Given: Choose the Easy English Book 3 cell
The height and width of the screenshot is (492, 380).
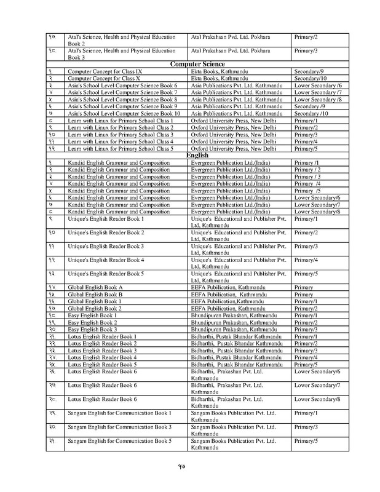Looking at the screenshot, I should point(92,329).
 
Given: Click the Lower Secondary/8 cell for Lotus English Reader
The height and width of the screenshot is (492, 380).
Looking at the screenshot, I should point(318,400).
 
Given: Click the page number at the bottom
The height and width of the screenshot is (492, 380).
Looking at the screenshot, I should point(190,473).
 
